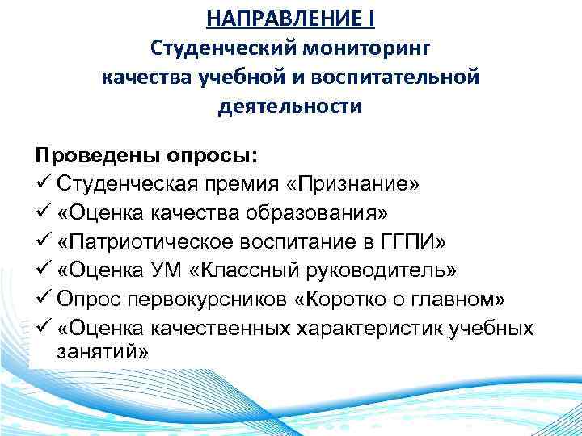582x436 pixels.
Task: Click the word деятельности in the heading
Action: [x=290, y=106]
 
